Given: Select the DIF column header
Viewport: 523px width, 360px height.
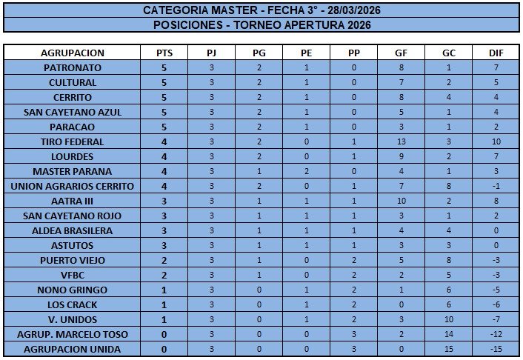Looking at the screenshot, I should pyautogui.click(x=496, y=53).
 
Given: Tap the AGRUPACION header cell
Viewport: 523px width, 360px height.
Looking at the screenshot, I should pyautogui.click(x=73, y=53).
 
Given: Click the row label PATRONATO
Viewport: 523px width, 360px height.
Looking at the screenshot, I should pyautogui.click(x=73, y=67).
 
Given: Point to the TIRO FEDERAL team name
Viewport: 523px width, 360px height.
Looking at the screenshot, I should pyautogui.click(x=73, y=141).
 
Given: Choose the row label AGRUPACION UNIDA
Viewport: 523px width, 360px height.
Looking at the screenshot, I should pyautogui.click(x=73, y=349).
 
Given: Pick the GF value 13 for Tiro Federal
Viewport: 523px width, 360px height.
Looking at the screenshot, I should pyautogui.click(x=402, y=141).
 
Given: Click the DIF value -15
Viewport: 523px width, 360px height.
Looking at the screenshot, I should pyautogui.click(x=496, y=349).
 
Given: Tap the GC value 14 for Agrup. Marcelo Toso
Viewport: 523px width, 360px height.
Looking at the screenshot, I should pyautogui.click(x=449, y=334).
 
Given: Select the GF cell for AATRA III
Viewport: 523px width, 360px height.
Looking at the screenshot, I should pyautogui.click(x=402, y=201).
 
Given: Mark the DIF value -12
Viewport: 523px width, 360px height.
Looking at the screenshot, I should pyautogui.click(x=496, y=334).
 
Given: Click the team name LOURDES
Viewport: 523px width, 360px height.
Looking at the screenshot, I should pyautogui.click(x=73, y=156).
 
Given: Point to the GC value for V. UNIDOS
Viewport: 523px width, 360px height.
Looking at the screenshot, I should pyautogui.click(x=449, y=319).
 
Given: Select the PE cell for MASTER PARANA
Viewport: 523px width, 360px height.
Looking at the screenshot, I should pyautogui.click(x=307, y=171).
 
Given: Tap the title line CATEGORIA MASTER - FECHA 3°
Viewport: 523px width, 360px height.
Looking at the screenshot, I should pyautogui.click(x=261, y=10).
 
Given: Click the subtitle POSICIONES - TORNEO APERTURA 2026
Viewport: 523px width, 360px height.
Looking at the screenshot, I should pyautogui.click(x=261, y=24).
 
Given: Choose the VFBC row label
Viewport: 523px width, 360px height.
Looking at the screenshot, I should pyautogui.click(x=73, y=275).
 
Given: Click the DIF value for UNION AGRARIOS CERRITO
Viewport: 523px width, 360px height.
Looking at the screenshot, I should pyautogui.click(x=496, y=186).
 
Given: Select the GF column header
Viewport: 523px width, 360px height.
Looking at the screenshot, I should pyautogui.click(x=402, y=53).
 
